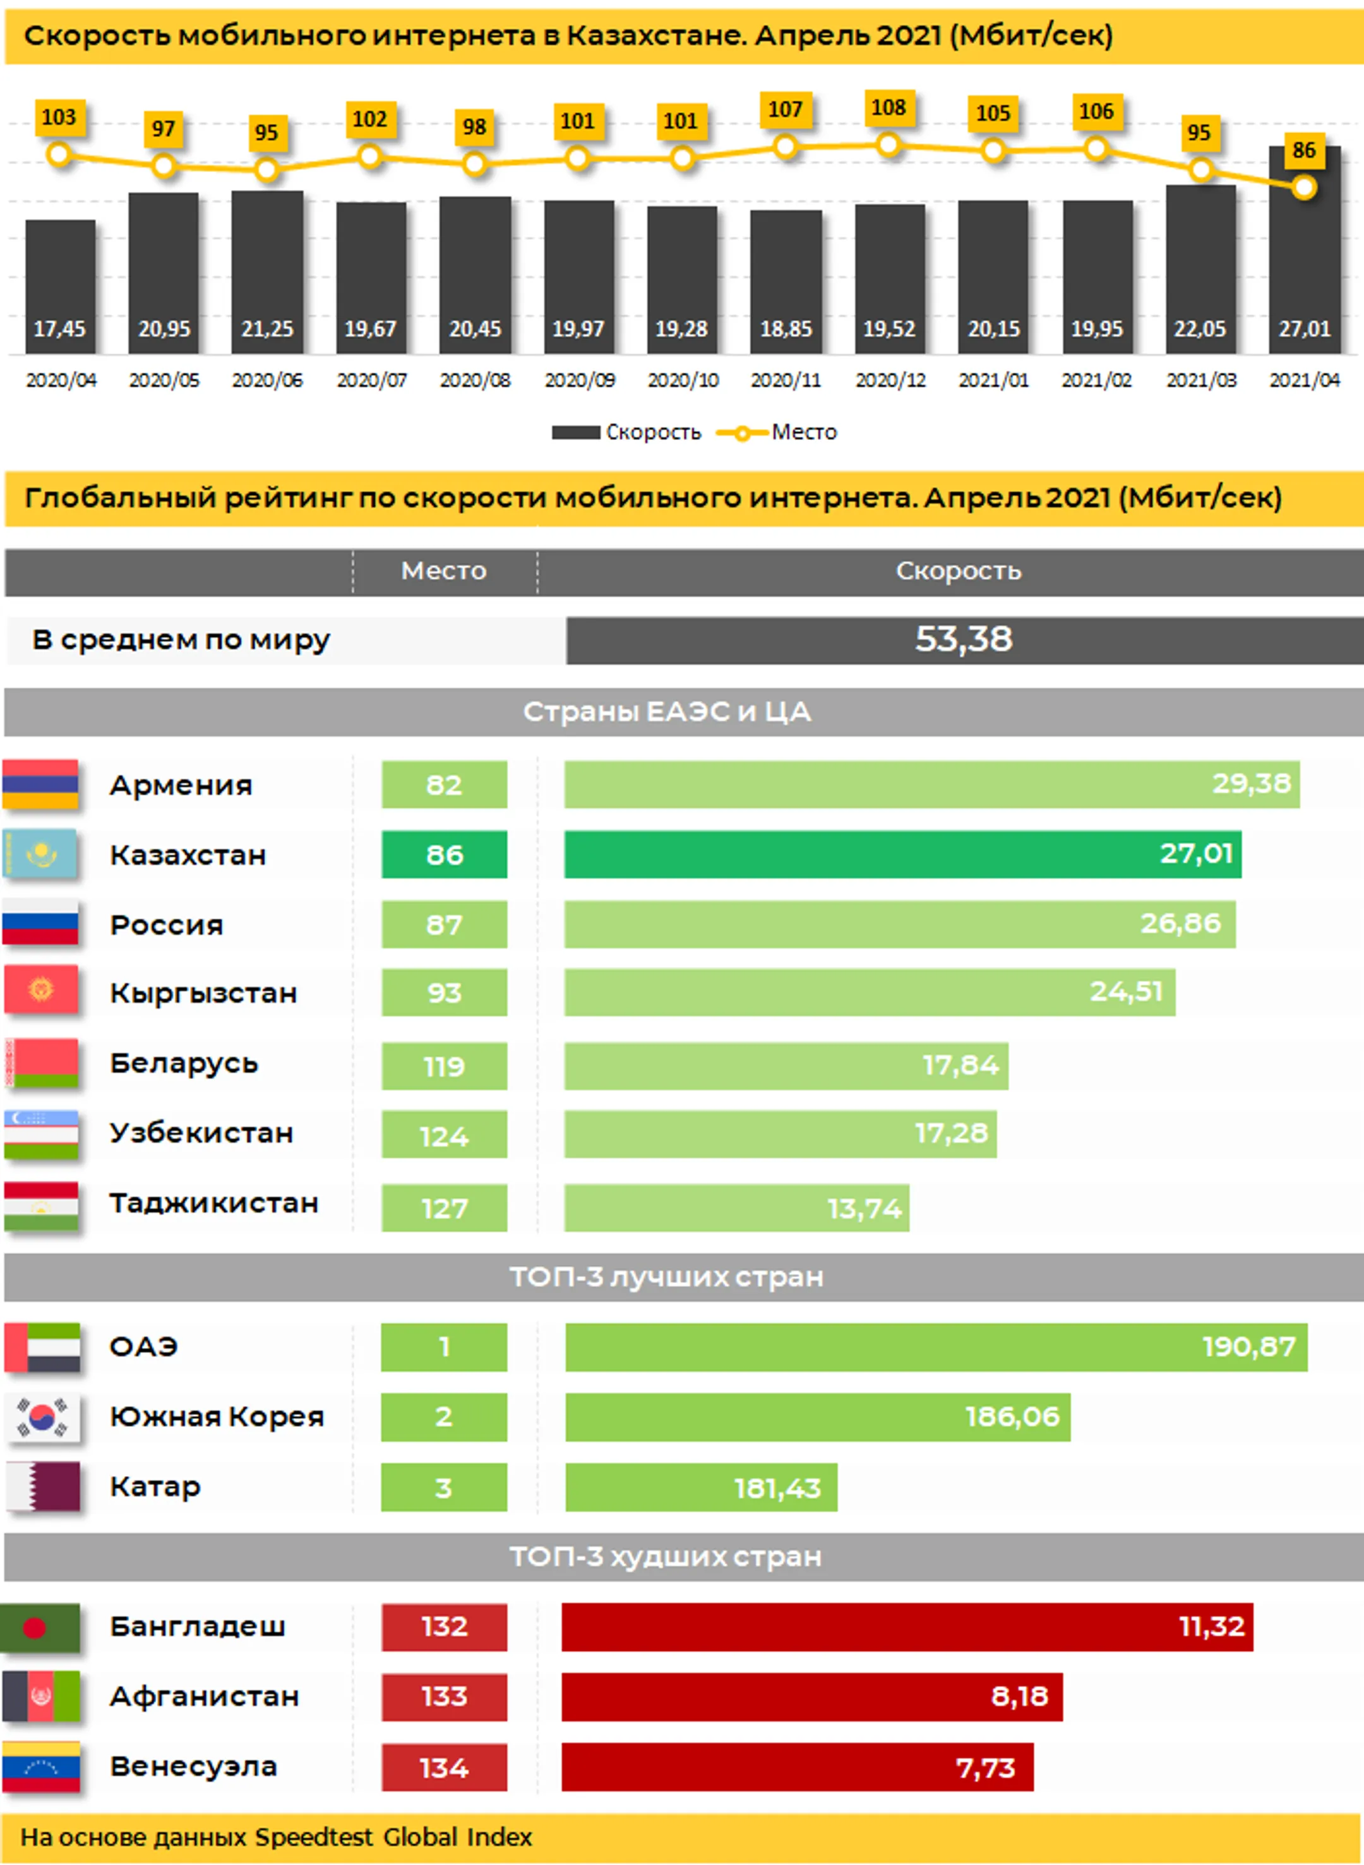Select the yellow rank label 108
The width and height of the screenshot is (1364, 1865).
point(888,108)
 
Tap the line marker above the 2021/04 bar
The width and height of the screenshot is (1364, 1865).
point(1304,188)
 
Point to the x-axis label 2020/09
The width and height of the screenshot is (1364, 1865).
point(579,380)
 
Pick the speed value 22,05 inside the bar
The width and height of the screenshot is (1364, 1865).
point(1200,328)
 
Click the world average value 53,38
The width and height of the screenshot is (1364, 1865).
point(963,640)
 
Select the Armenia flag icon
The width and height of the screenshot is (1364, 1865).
point(40,784)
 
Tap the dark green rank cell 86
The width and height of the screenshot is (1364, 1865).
point(444,854)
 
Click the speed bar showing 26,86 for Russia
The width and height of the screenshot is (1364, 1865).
point(899,924)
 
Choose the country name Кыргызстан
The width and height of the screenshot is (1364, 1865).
point(203,993)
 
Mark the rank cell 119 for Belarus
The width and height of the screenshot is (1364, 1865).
point(444,1066)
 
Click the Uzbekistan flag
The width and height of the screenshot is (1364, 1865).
point(40,1133)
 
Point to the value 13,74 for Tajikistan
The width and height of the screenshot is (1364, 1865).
point(864,1208)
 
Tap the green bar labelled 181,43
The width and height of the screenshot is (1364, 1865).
point(701,1487)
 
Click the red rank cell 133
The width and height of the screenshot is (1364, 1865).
point(444,1696)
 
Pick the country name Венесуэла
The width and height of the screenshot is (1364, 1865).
point(193,1766)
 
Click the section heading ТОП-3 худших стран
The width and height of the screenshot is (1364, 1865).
point(666,1557)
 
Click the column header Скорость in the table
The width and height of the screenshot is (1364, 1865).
point(958,571)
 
